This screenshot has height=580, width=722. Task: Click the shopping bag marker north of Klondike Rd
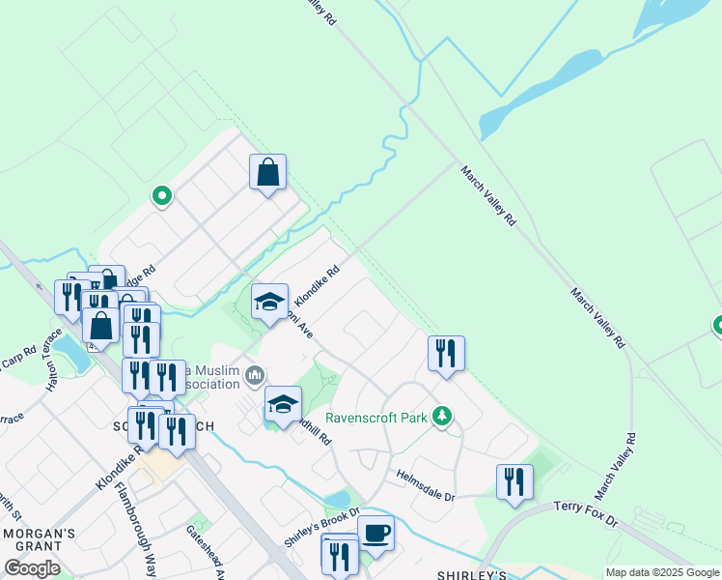(268, 173)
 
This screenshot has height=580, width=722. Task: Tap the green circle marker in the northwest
(162, 196)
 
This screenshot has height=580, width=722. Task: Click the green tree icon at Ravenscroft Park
(442, 417)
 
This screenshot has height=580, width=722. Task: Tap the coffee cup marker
(375, 533)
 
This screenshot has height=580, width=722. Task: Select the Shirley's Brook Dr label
(321, 526)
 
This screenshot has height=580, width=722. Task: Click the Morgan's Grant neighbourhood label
(39, 535)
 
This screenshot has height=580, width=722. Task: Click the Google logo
(32, 567)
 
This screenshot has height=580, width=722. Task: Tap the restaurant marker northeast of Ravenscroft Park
(446, 354)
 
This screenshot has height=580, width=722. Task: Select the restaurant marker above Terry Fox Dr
(514, 482)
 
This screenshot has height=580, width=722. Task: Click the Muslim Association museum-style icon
(256, 374)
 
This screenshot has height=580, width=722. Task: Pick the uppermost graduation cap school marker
(270, 301)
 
